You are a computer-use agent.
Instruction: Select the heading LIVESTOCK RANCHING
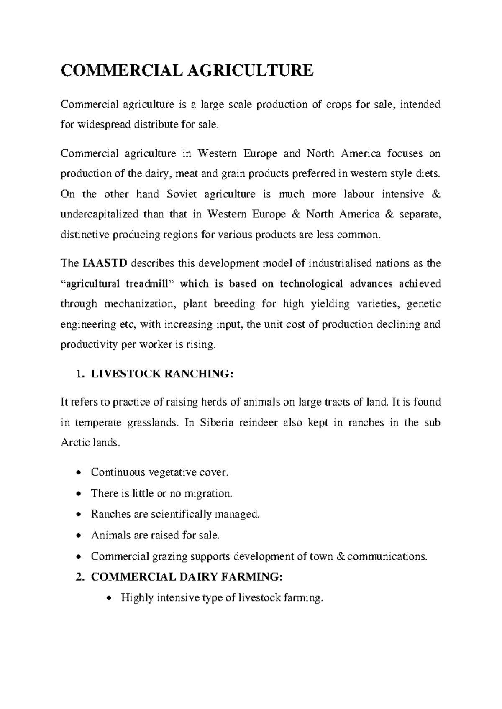click(x=161, y=374)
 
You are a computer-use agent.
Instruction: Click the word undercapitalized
click(x=99, y=214)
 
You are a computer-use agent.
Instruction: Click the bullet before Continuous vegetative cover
click(x=79, y=473)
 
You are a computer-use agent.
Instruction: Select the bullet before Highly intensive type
click(x=109, y=598)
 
